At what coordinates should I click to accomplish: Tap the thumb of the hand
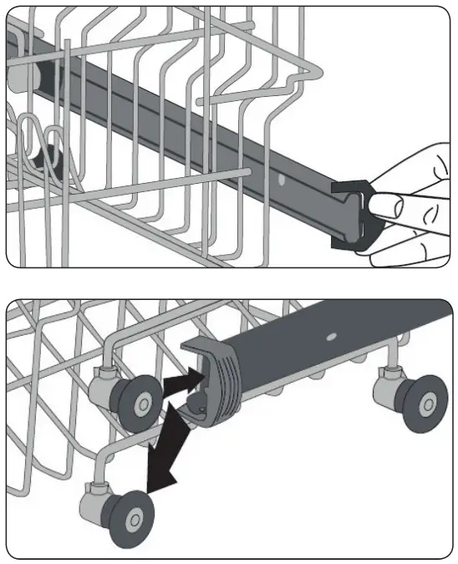coord(394,206)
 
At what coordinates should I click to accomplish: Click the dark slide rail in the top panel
coord(209,134)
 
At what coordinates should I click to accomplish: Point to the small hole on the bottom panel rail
coord(332,339)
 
